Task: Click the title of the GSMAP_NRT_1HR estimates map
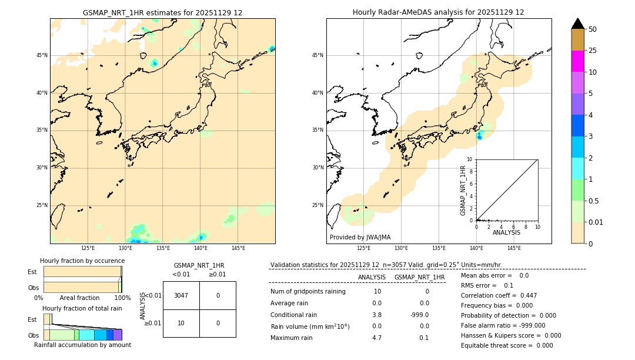pyautogui.click(x=162, y=12)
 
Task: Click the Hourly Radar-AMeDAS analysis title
pyautogui.click(x=439, y=12)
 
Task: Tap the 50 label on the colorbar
pyautogui.click(x=593, y=29)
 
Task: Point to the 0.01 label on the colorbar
pyautogui.click(x=596, y=222)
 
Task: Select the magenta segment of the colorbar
pyautogui.click(x=577, y=61)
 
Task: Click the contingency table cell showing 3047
pyautogui.click(x=181, y=295)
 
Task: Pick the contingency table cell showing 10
pyautogui.click(x=181, y=323)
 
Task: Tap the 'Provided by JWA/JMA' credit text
pyautogui.click(x=360, y=237)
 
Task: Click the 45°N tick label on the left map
pyautogui.click(x=42, y=55)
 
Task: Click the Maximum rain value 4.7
pyautogui.click(x=377, y=338)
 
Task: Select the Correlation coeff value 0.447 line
pyautogui.click(x=499, y=295)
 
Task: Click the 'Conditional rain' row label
pyautogui.click(x=293, y=315)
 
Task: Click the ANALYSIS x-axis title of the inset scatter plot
pyautogui.click(x=506, y=232)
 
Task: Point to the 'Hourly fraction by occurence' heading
pyautogui.click(x=82, y=261)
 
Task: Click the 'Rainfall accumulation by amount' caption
pyautogui.click(x=82, y=345)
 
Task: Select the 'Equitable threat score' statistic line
pyautogui.click(x=507, y=345)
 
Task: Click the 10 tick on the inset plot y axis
pyautogui.click(x=470, y=159)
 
